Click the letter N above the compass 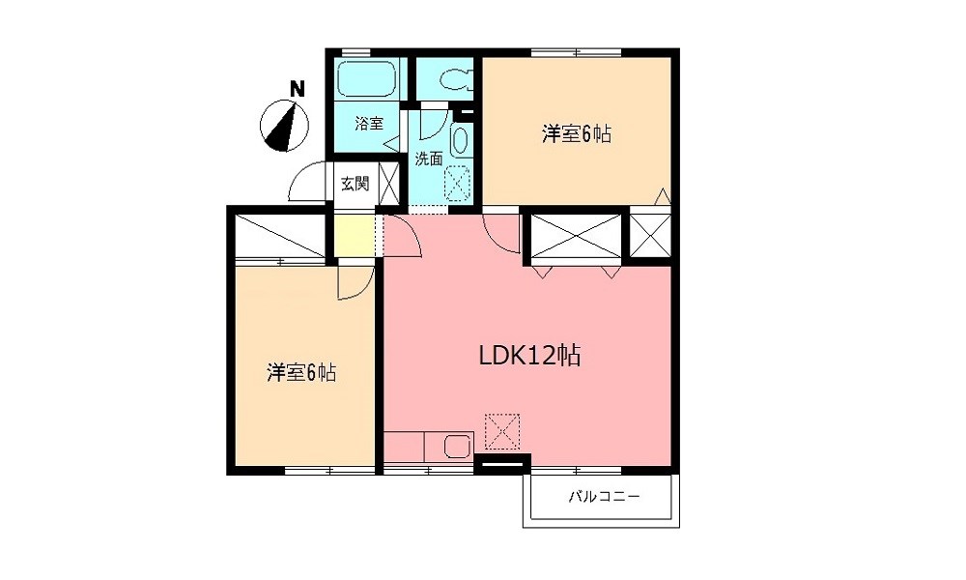(x=298, y=90)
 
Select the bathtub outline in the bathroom (x=367, y=79)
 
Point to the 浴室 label (x=368, y=124)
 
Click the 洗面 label (x=429, y=159)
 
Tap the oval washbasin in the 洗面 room (x=458, y=144)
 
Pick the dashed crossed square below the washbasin (x=457, y=181)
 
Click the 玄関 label (x=355, y=184)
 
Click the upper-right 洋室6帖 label (x=576, y=135)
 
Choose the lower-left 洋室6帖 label (x=301, y=372)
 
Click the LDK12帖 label (x=529, y=356)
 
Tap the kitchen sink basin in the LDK (x=457, y=447)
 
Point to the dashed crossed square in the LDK (x=501, y=431)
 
